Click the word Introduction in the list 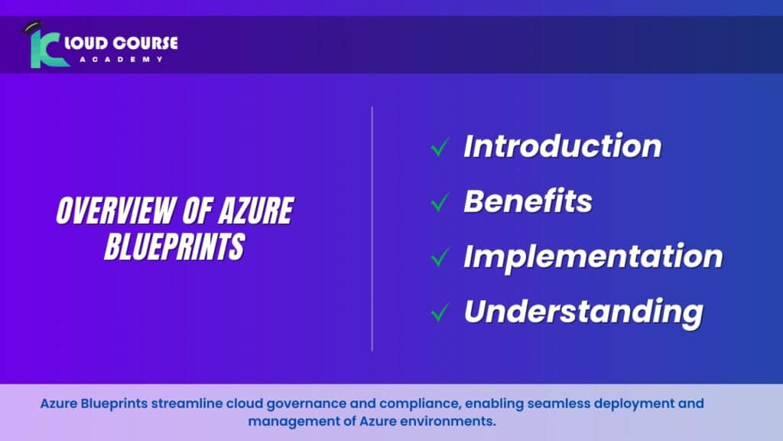point(562,145)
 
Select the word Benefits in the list point(528,201)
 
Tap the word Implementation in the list point(593,256)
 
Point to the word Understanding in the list point(583,311)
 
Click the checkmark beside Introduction point(439,147)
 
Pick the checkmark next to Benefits point(439,202)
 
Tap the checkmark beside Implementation point(439,257)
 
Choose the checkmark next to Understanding point(439,312)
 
